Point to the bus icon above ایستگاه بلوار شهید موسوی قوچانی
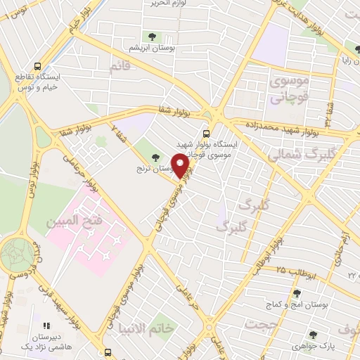click(205, 134)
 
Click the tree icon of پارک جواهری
click(312, 335)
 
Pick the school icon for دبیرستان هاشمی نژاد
click(47, 326)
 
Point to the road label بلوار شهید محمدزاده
click(282, 126)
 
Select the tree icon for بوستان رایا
click(347, 47)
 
